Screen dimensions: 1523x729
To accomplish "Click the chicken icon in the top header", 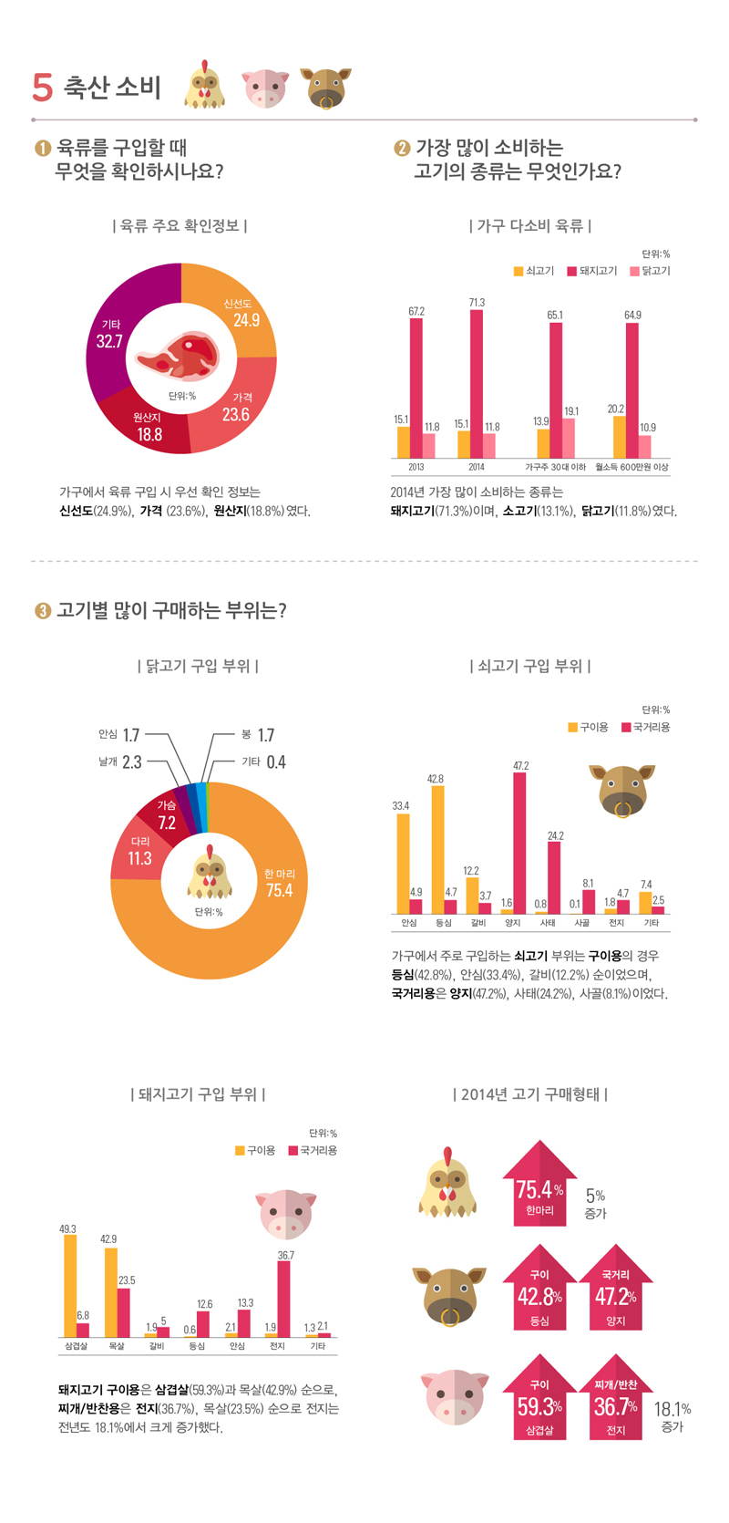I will coord(205,86).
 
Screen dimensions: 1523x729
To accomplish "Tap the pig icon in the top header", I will coord(264,88).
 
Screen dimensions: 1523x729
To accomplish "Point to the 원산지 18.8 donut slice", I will coord(150,429).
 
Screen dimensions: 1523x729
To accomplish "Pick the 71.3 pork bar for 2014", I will coord(477,383).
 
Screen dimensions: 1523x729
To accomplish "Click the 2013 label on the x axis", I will coord(416,467).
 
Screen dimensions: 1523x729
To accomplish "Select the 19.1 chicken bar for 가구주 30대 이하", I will coord(569,438).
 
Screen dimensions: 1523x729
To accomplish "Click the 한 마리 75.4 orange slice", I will coord(264,903).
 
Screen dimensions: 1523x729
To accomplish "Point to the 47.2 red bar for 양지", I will coord(519,844).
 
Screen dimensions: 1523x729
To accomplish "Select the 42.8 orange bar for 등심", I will coord(438,848).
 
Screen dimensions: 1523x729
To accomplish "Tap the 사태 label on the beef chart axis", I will coord(548,923).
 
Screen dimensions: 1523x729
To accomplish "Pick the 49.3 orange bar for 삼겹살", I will coord(70,1286).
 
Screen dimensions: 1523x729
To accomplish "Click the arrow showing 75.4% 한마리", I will coord(539,1186).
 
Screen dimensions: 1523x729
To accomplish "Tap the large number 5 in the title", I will coord(42,87).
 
